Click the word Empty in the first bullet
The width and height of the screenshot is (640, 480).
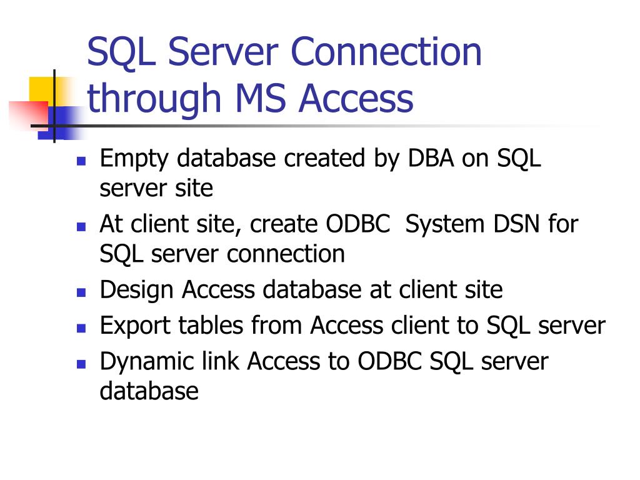coord(134,159)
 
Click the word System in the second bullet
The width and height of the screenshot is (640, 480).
coord(442,224)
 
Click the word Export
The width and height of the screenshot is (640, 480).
coord(136,326)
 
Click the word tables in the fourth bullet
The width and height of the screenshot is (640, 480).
coord(211,325)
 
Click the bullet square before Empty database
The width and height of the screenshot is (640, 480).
coord(81,160)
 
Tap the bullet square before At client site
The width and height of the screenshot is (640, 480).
coord(81,226)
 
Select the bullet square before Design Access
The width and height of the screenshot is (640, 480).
coord(81,291)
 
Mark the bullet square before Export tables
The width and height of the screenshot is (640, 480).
coord(81,327)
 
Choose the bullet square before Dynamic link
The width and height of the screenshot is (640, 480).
coord(81,363)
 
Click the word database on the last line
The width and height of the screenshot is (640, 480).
coord(149,391)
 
